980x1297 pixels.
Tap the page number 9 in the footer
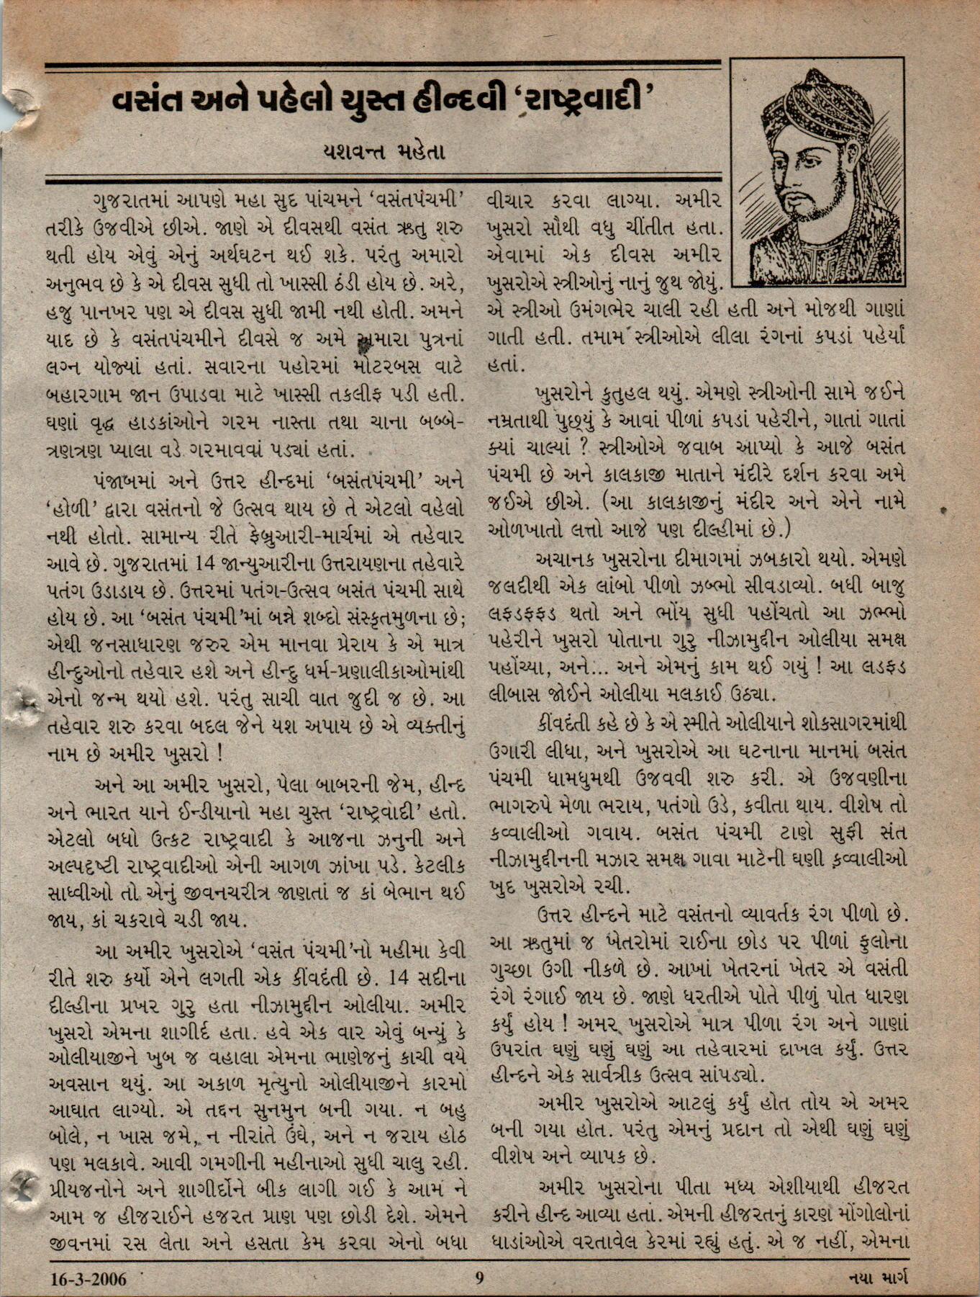coord(479,1279)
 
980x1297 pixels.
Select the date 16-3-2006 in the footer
coord(89,1279)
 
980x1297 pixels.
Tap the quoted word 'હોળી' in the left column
coord(71,508)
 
